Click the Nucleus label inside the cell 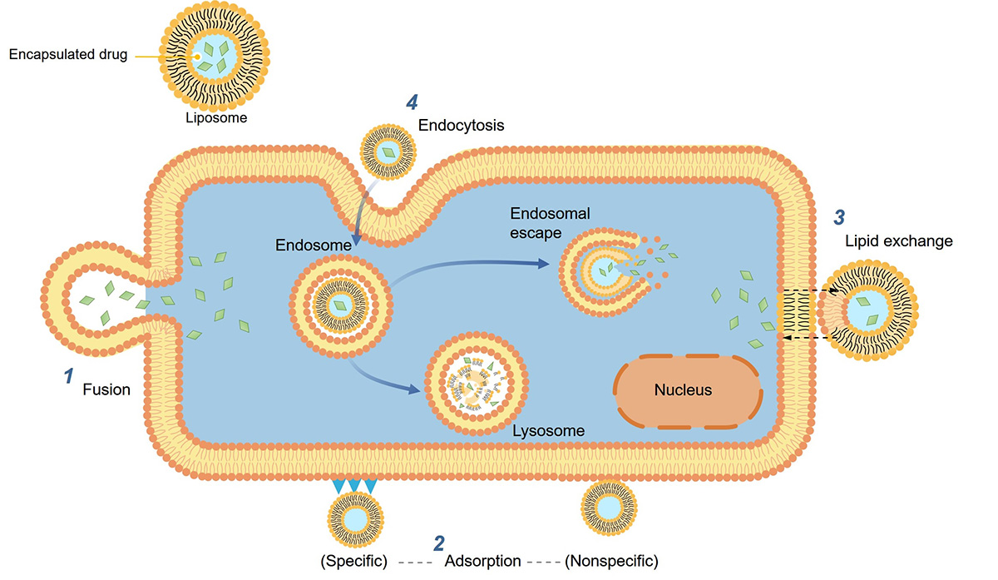click(x=683, y=389)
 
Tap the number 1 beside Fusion click(x=70, y=377)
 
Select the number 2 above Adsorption click(x=438, y=543)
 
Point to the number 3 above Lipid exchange click(x=840, y=218)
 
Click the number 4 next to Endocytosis click(x=411, y=102)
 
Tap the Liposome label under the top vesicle click(x=216, y=118)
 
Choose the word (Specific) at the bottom click(x=354, y=561)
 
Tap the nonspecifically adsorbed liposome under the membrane click(x=609, y=505)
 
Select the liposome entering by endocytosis click(x=387, y=152)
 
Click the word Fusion click(x=106, y=389)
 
